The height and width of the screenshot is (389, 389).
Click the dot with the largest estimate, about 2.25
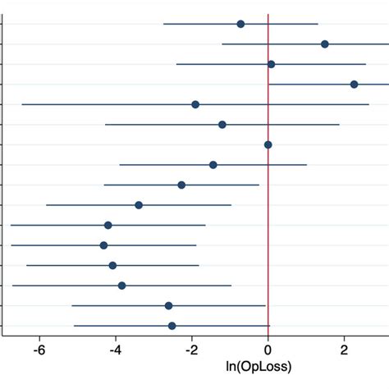click(354, 84)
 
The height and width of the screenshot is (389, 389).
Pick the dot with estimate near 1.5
click(325, 43)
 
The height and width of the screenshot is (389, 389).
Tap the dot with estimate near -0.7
click(240, 24)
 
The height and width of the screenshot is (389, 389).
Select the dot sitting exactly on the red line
click(268, 144)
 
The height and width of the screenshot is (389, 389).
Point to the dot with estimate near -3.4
click(139, 205)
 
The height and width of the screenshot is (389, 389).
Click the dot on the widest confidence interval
click(195, 104)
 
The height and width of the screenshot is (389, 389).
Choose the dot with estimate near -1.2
click(222, 125)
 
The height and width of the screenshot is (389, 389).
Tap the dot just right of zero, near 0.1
click(271, 64)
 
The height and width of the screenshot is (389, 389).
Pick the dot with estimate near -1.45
click(213, 165)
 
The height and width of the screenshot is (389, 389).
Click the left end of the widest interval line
click(22, 104)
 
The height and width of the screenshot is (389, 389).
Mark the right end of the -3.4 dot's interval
click(231, 205)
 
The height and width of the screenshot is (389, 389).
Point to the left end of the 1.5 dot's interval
click(222, 43)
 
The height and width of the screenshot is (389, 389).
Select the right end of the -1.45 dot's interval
click(307, 165)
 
